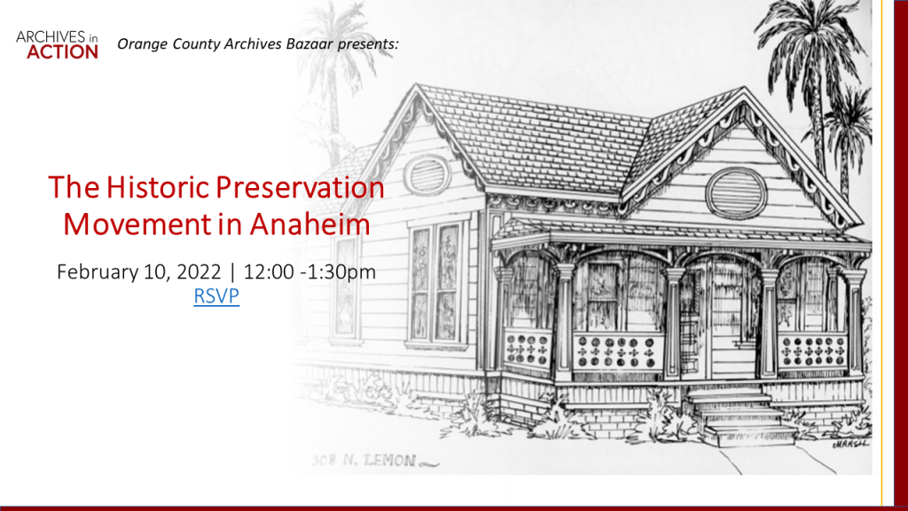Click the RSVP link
click(x=216, y=296)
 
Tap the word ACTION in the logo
click(x=63, y=52)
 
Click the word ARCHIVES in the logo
click(x=51, y=37)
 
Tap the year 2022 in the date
click(x=199, y=271)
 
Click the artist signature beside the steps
click(x=850, y=444)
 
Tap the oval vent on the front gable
click(x=736, y=193)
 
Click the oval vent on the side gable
click(x=427, y=175)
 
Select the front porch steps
click(x=739, y=416)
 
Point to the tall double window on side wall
click(x=435, y=283)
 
